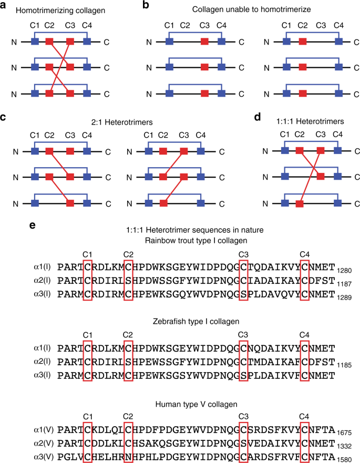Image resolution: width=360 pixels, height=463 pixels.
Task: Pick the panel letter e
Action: [x=33, y=225]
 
